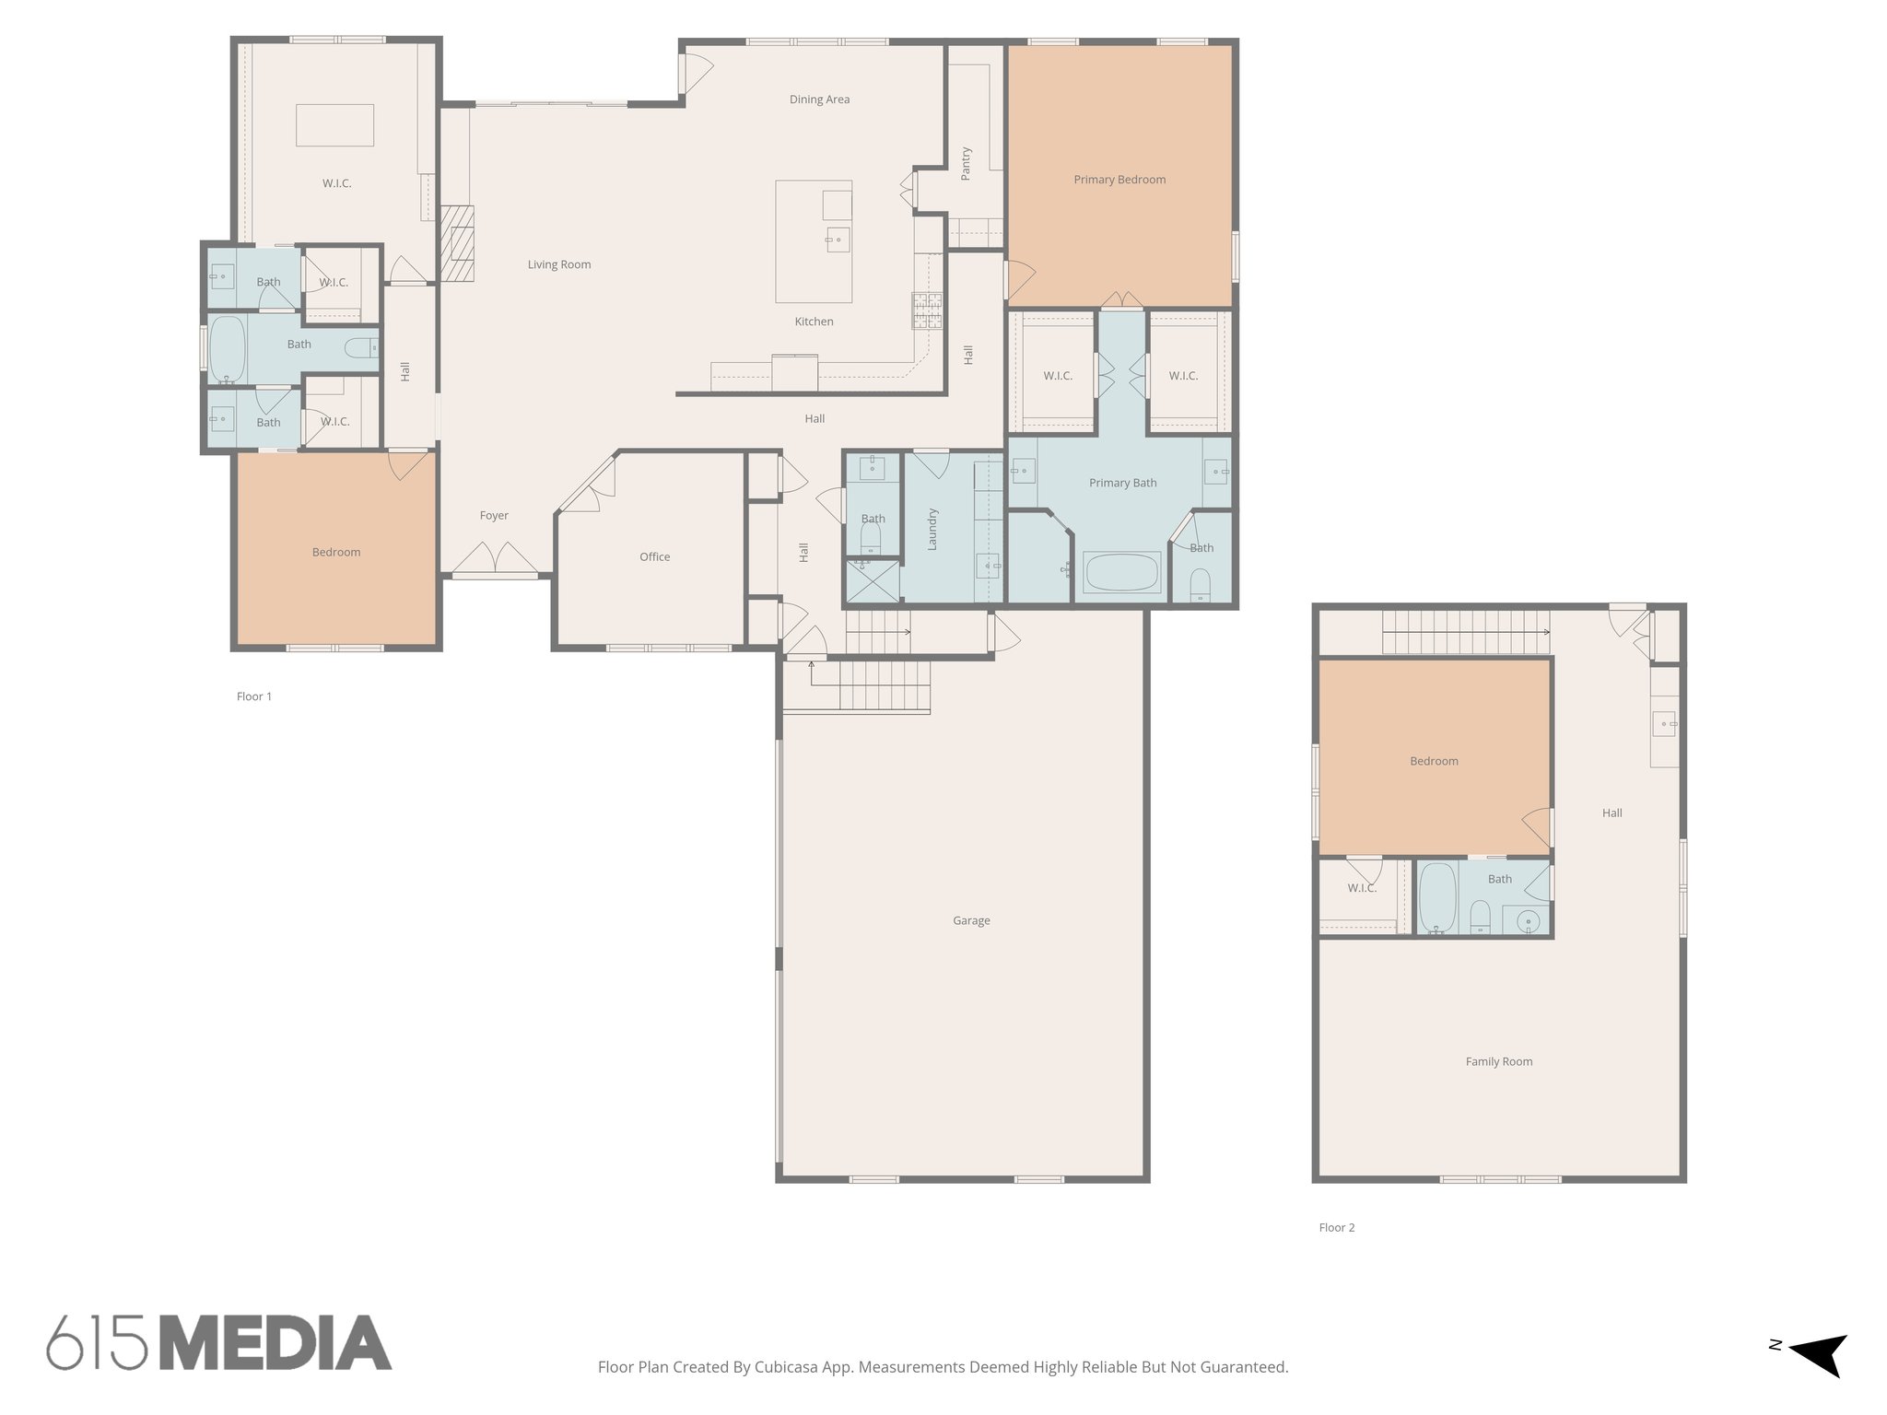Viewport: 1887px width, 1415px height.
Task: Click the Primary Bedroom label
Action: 1119,180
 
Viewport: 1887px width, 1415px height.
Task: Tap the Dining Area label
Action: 819,99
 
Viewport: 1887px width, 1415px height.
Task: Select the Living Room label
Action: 559,264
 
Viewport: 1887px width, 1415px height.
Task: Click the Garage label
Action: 971,920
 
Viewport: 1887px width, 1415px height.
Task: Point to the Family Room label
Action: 1499,1061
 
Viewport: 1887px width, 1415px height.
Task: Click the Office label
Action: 655,556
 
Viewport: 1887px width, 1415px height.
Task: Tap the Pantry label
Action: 966,163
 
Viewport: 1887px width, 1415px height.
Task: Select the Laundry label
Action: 932,529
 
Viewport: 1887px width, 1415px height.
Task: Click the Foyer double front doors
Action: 495,556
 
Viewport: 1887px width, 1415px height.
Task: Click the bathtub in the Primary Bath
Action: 1122,572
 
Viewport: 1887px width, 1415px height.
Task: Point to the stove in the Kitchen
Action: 928,310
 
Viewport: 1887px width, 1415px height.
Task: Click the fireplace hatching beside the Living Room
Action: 456,243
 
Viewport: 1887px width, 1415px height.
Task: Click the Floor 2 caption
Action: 1336,1227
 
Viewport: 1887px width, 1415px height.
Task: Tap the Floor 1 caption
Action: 254,696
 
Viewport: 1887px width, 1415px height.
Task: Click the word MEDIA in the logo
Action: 275,1343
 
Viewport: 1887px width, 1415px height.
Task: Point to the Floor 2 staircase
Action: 1463,632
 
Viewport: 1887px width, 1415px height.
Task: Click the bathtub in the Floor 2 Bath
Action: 1436,897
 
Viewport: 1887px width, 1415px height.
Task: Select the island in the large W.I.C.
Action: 334,125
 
